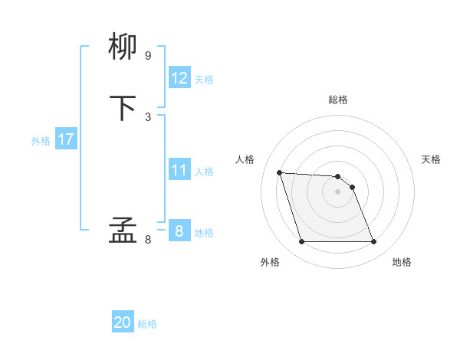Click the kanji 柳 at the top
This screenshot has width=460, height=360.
coord(123,47)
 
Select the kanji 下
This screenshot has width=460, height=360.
coord(123,108)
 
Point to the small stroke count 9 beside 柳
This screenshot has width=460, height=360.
coord(148,55)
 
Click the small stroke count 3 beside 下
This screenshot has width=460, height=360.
coord(148,116)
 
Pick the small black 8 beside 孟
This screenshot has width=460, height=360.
coord(148,239)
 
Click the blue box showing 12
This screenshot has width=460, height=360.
coord(179,78)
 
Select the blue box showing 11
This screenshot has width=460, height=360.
coord(179,170)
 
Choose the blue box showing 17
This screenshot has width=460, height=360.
coord(66,139)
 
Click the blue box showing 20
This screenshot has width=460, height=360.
coord(123,323)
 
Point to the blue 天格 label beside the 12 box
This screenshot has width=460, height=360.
coord(204,80)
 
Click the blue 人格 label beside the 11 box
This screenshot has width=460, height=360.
coord(204,172)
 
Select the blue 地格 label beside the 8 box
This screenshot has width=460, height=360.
coord(204,233)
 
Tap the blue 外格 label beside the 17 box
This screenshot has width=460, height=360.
coord(41,141)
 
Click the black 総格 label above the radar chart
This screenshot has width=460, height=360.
coord(338,100)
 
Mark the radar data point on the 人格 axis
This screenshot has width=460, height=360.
coord(279,172)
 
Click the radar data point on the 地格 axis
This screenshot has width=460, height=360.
coord(373,242)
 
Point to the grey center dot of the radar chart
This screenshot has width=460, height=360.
coord(337,191)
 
